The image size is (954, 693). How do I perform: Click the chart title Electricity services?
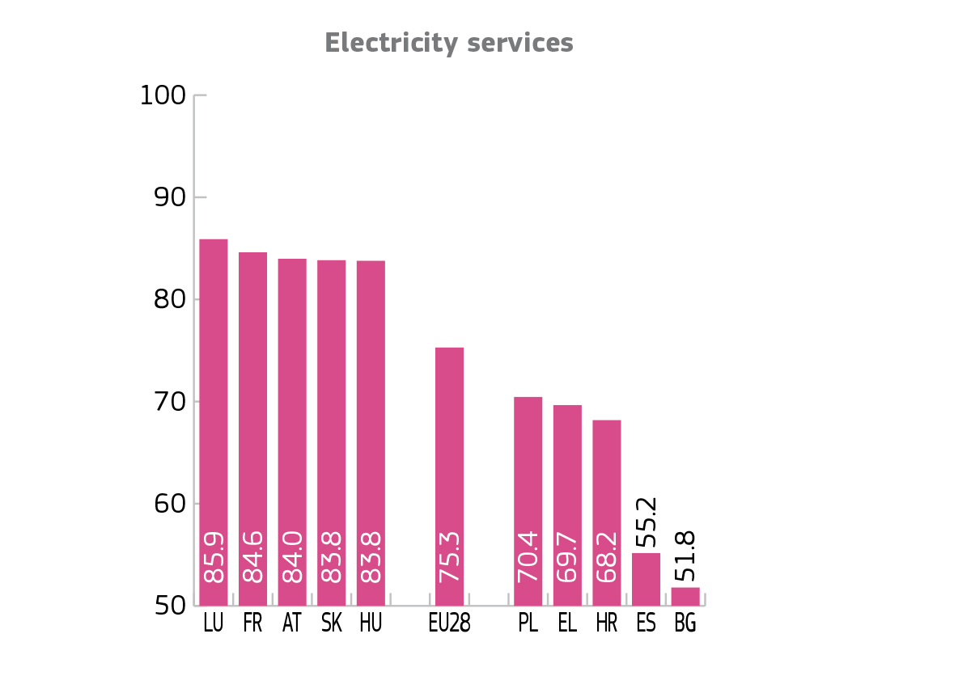point(449,43)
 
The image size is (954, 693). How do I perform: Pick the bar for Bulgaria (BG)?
point(685,597)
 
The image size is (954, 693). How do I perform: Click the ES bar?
point(646,579)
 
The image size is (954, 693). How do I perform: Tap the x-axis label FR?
point(252,625)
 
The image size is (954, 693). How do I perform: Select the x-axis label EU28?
point(449,625)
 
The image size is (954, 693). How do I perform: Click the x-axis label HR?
point(607,625)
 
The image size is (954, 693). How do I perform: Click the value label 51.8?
point(686,556)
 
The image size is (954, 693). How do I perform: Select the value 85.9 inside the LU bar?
point(214,557)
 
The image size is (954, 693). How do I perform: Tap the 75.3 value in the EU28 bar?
point(450,557)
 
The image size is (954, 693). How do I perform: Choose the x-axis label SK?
point(331,625)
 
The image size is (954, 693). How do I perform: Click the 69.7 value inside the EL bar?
point(568,557)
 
